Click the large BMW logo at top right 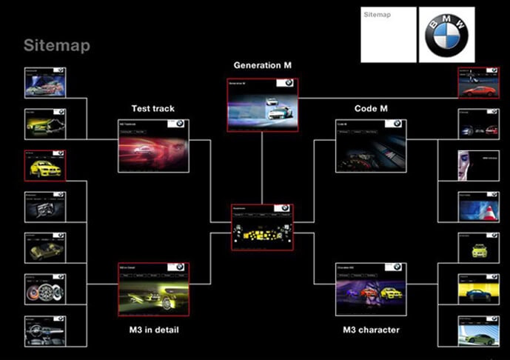[447, 35]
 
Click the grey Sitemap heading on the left [56, 46]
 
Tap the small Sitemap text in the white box [378, 15]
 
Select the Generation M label [262, 65]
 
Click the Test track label [152, 109]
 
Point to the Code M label [371, 109]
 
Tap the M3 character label [371, 330]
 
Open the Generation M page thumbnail [262, 104]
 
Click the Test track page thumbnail [153, 145]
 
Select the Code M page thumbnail [371, 145]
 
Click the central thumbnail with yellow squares [261, 227]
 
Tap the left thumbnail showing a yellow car [44, 166]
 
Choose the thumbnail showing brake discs [44, 289]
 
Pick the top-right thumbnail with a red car [477, 83]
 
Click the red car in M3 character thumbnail [368, 292]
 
